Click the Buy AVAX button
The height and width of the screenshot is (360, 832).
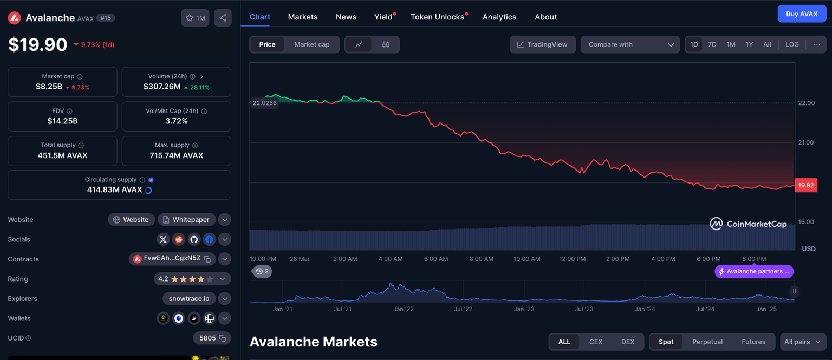(x=802, y=14)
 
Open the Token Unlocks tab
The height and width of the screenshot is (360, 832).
(x=437, y=17)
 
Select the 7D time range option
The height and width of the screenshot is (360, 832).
(x=712, y=44)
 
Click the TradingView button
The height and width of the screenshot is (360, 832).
(x=542, y=44)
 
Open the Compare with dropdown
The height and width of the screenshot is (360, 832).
(x=630, y=44)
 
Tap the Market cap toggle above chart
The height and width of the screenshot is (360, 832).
(x=311, y=44)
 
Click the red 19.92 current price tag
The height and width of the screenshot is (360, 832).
(x=805, y=185)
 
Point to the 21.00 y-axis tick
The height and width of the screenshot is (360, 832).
(x=806, y=142)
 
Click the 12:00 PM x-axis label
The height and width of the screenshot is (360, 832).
(x=573, y=259)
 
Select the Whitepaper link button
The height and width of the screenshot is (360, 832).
(x=186, y=220)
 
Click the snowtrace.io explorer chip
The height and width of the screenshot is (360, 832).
(x=189, y=298)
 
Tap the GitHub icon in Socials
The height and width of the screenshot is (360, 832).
(x=194, y=239)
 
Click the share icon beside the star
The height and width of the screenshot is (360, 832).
(x=223, y=18)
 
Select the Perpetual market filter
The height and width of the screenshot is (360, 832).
(x=707, y=342)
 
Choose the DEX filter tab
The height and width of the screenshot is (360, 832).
(x=628, y=342)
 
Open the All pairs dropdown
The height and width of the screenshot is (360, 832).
(x=804, y=342)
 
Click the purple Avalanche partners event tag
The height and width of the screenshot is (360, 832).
(x=753, y=271)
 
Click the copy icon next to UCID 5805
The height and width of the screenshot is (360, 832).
(x=222, y=338)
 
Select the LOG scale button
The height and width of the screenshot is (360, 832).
(x=792, y=44)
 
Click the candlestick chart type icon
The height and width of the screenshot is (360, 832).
(x=386, y=44)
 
